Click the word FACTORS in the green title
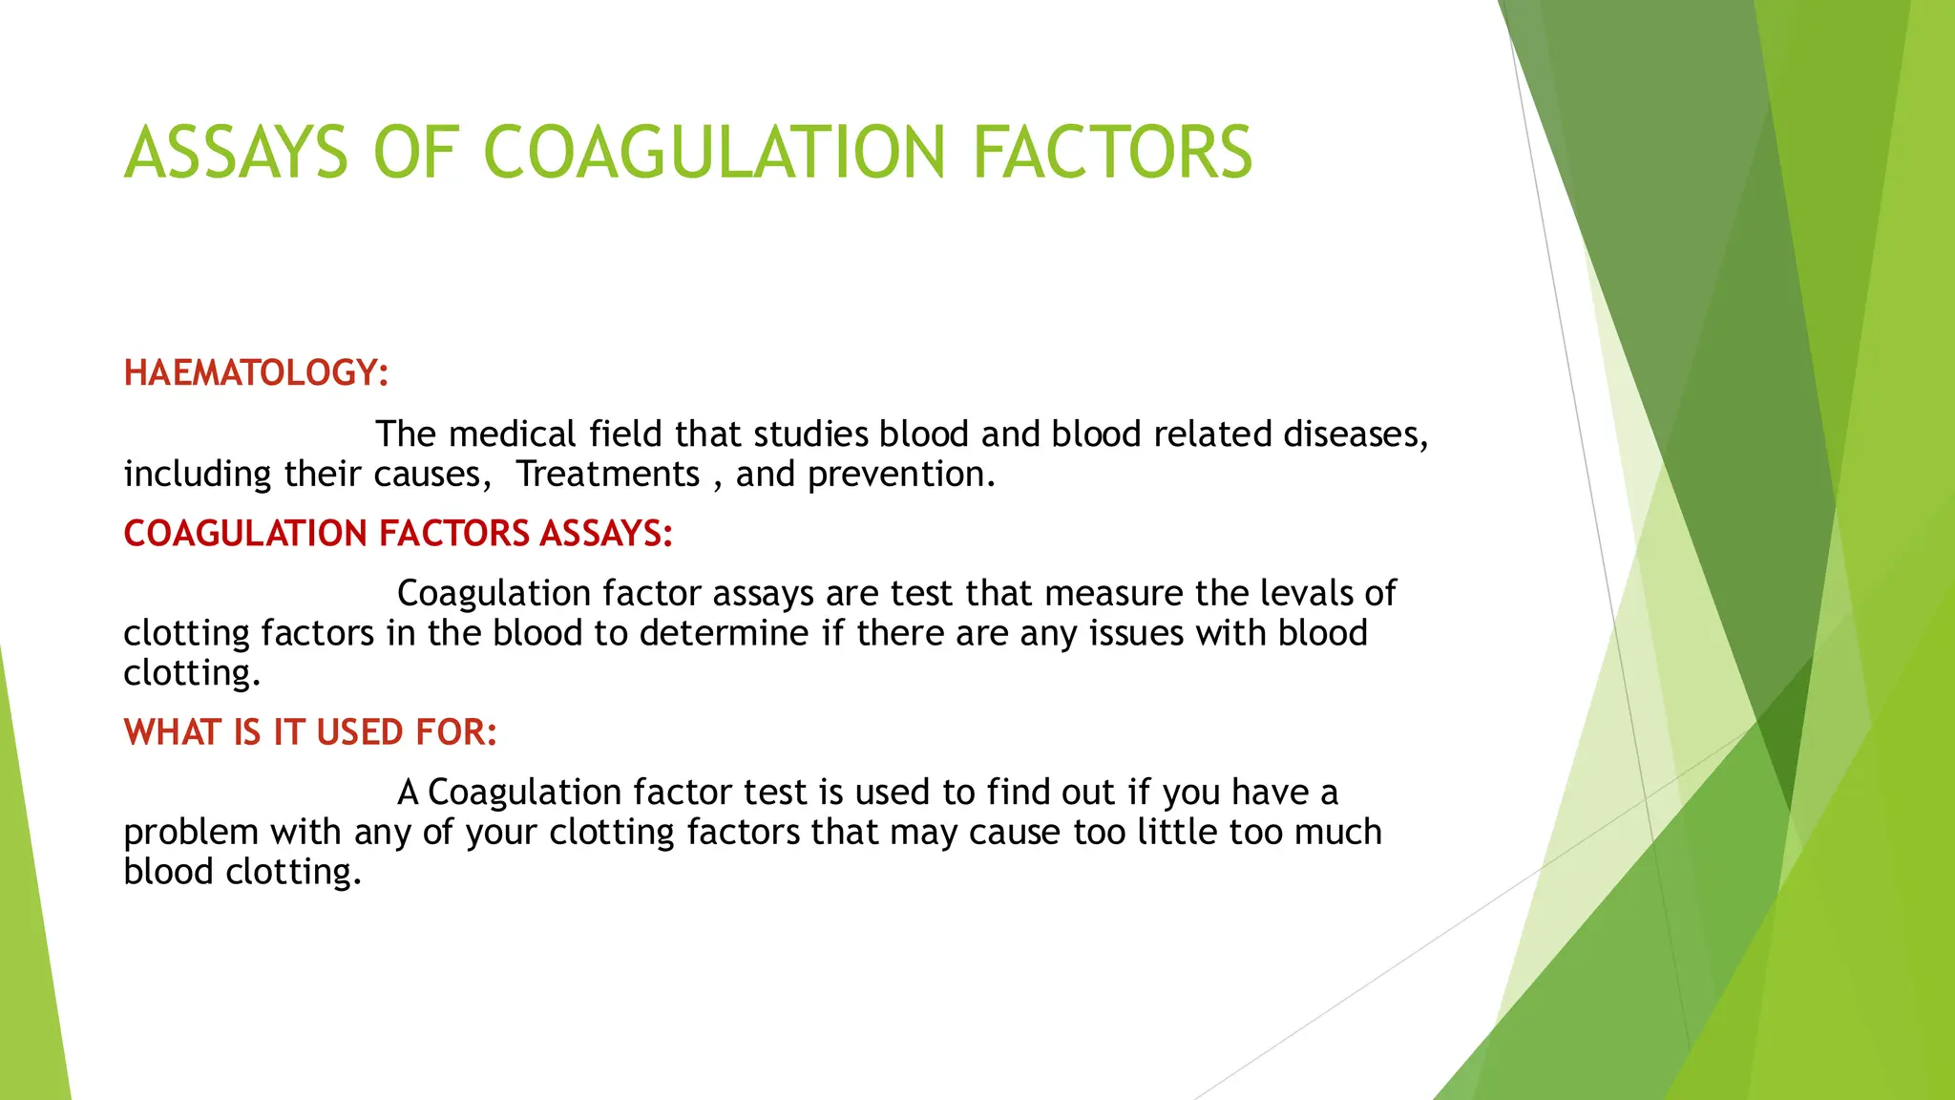[1112, 153]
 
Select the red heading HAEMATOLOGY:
[256, 372]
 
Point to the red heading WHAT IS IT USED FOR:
[310, 732]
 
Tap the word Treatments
[608, 475]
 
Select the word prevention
[901, 475]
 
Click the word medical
[513, 434]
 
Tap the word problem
[191, 833]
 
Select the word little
[1177, 832]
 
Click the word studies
[810, 434]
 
